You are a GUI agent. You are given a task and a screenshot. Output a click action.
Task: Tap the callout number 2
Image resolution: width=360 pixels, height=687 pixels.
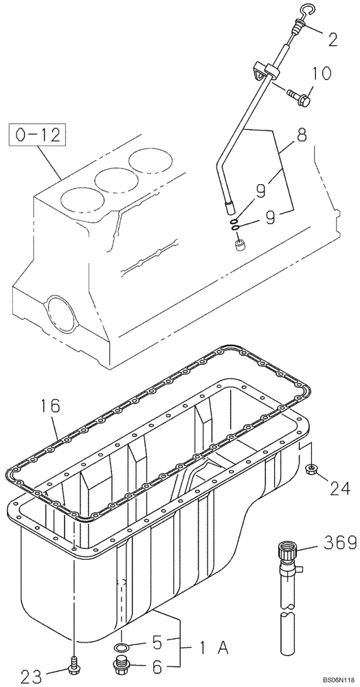tap(333, 39)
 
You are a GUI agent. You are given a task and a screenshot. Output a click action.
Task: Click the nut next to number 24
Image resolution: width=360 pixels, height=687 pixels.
tap(311, 470)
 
